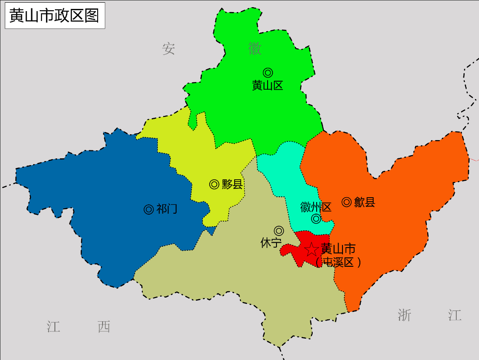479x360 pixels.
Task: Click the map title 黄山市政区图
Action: tap(54, 16)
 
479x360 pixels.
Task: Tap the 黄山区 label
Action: tap(268, 86)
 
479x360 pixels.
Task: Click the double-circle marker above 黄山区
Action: tap(268, 72)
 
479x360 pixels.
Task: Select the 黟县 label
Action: tap(232, 184)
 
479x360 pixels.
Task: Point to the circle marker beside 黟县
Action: tap(214, 184)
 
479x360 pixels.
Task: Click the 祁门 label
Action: tap(167, 209)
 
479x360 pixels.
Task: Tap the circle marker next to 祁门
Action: tap(149, 209)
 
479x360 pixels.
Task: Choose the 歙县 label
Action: tap(364, 203)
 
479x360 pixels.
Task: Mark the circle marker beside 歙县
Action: tap(346, 202)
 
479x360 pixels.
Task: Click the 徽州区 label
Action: tap(316, 207)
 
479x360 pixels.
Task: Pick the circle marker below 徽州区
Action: tap(316, 219)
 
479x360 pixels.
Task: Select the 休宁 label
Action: tap(271, 243)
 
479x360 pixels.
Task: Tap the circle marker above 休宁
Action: tap(279, 231)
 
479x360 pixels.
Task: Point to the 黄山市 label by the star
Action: tap(338, 248)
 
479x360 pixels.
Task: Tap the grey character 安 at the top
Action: tap(169, 49)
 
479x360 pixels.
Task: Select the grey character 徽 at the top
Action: tap(255, 49)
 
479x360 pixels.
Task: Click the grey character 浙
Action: tap(405, 315)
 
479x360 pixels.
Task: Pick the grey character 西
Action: tap(104, 327)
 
